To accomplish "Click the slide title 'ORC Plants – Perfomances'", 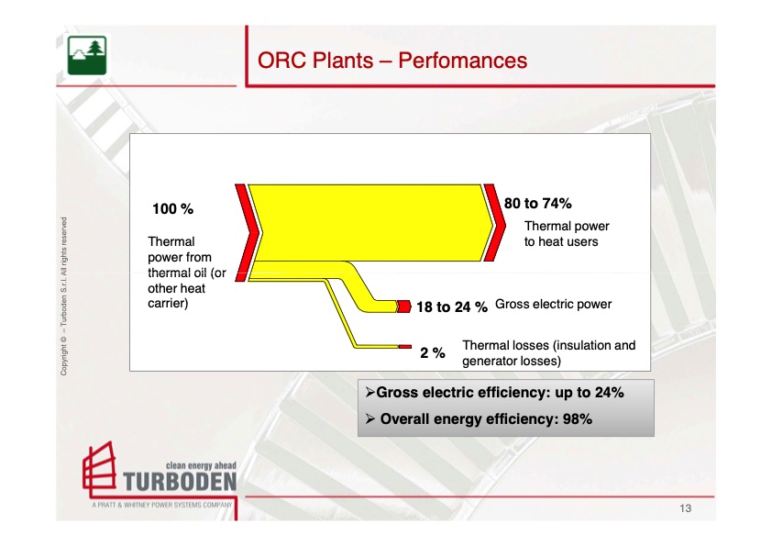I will tap(392, 61).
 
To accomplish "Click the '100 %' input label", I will tap(172, 209).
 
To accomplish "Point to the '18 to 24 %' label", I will tap(451, 307).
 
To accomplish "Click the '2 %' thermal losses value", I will tap(433, 352).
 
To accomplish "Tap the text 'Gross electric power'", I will tap(553, 304).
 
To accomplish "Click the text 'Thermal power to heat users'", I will tap(566, 233).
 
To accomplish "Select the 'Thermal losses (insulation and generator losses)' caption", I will tap(548, 353).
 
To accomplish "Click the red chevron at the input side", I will tap(244, 229).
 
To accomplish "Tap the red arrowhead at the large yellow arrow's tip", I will tap(495, 225).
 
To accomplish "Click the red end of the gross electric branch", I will tap(403, 306).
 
